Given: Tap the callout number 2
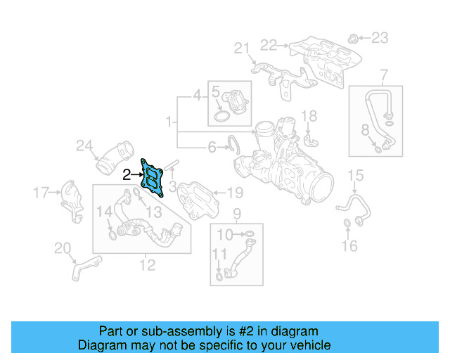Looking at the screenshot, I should point(126,175).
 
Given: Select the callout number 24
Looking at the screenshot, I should point(84,146).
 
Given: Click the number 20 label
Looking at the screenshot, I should point(63,247).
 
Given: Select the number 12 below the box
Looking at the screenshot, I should point(147,265).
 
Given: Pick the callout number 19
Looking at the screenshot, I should point(234,192).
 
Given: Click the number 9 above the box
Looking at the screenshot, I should point(237,213).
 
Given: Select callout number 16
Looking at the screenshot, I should point(349,245).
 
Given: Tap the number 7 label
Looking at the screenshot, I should point(384,74).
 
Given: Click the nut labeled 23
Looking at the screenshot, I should point(354,37).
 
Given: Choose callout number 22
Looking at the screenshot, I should point(269,45).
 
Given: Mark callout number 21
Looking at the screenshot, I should point(242,48).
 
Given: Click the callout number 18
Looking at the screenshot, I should point(309,115).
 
